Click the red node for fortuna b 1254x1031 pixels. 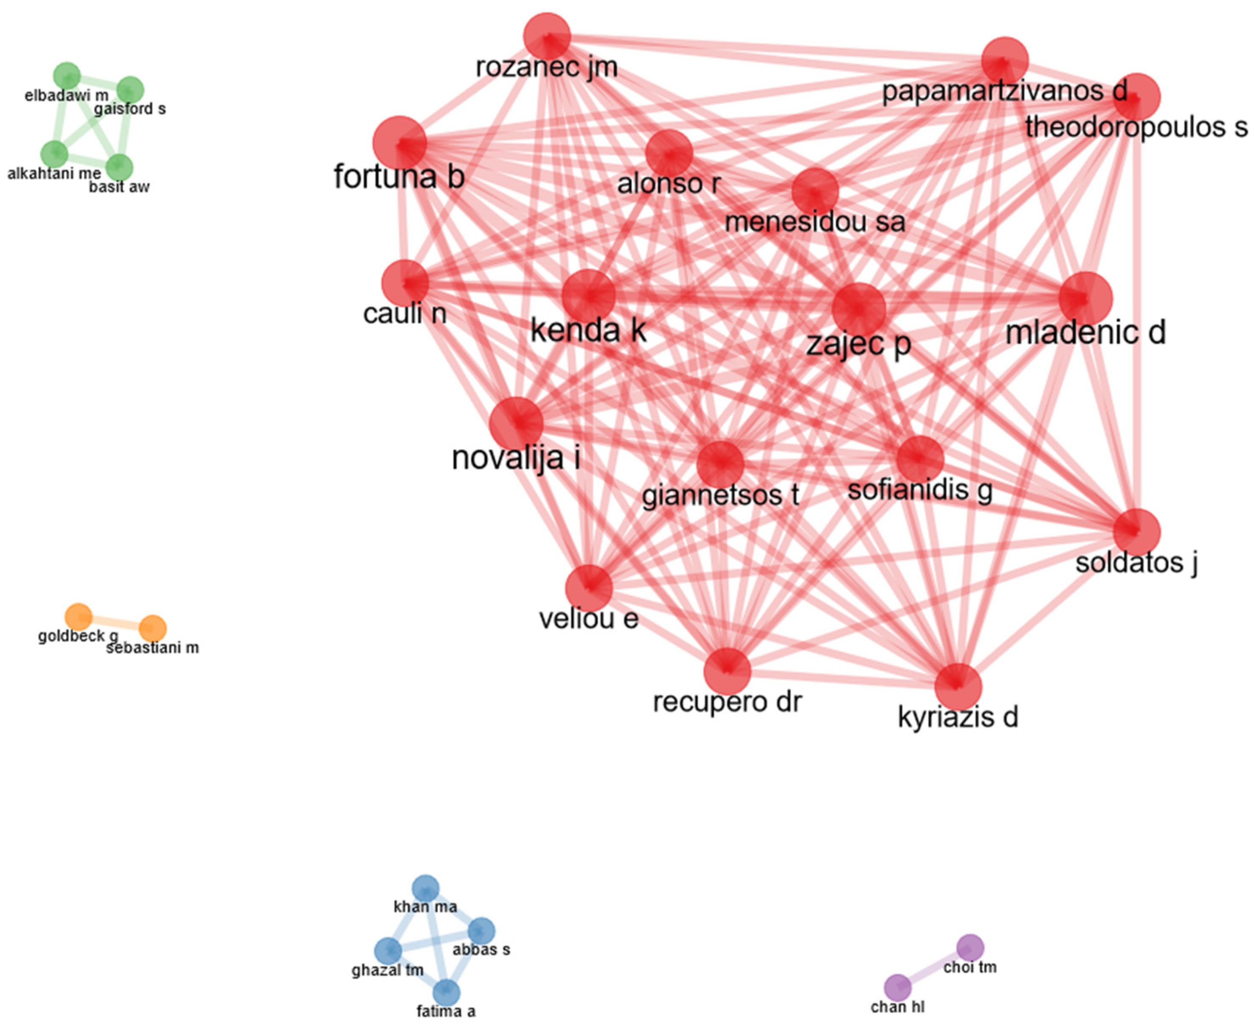click(399, 142)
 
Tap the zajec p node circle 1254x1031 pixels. click(859, 309)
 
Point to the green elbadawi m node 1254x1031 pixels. click(67, 76)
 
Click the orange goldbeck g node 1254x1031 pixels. click(78, 617)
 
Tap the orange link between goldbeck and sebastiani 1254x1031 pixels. click(116, 623)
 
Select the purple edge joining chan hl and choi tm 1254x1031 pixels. click(934, 967)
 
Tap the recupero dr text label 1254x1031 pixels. click(727, 702)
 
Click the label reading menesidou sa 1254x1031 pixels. click(815, 223)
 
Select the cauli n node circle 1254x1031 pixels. click(405, 283)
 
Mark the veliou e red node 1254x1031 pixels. click(588, 588)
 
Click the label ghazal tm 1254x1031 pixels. click(387, 970)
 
